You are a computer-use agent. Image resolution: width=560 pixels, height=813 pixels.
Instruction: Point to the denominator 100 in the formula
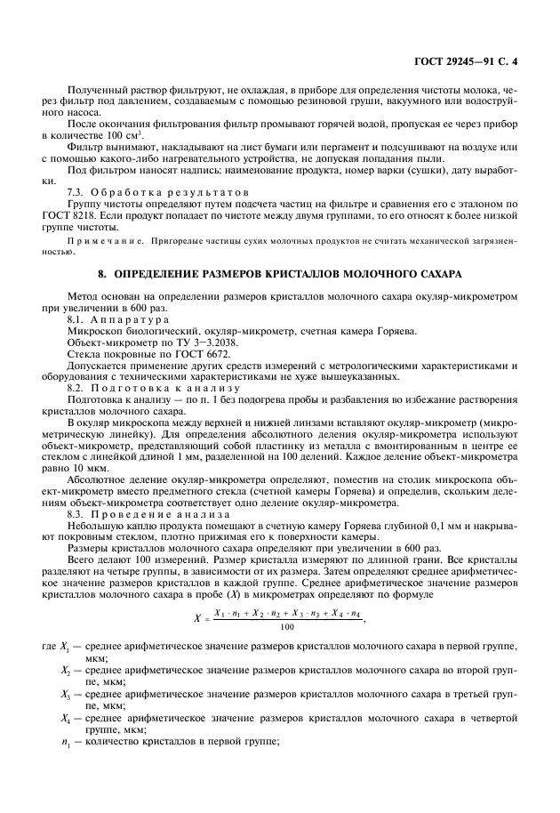tap(286, 626)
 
